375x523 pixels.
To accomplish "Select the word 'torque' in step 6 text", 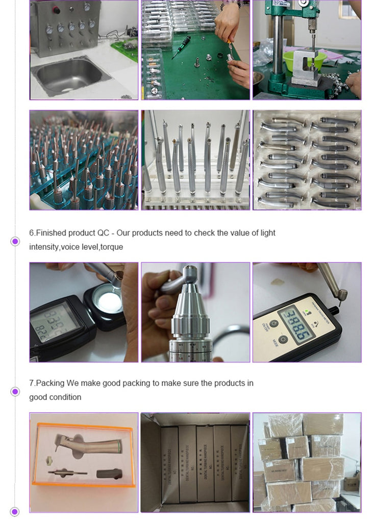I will tap(112, 247).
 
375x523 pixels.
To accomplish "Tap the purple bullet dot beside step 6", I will tap(15, 241).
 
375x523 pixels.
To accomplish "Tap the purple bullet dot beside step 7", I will tap(15, 391).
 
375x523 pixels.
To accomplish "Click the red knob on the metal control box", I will tap(57, 10).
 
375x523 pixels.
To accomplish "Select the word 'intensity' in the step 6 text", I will tap(44, 247).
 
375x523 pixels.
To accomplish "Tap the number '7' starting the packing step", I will tap(31, 383).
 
